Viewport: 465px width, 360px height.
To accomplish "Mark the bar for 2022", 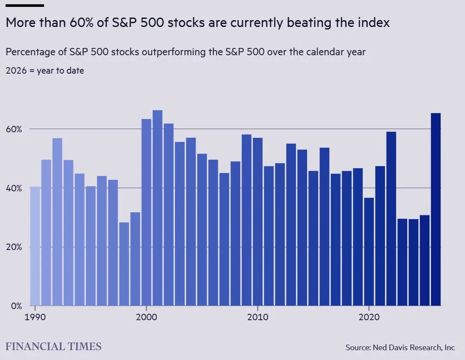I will tap(391, 219).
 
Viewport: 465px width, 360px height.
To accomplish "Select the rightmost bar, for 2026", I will tap(435, 209).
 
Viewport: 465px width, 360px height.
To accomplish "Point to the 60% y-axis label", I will tap(14, 129).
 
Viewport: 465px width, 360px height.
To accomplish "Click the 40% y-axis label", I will tap(14, 188).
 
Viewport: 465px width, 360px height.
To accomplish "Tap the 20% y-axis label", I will tap(14, 247).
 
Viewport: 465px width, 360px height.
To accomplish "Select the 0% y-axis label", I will tap(16, 306).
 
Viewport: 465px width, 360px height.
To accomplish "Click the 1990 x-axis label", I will tap(35, 317).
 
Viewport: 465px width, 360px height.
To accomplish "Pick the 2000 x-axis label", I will tap(146, 317).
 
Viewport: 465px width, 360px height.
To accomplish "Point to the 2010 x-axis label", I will tap(258, 317).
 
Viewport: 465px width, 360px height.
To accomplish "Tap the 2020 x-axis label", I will tap(369, 317).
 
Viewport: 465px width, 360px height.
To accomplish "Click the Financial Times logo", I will tap(53, 346).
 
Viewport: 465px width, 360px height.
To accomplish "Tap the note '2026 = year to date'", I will tap(45, 71).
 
